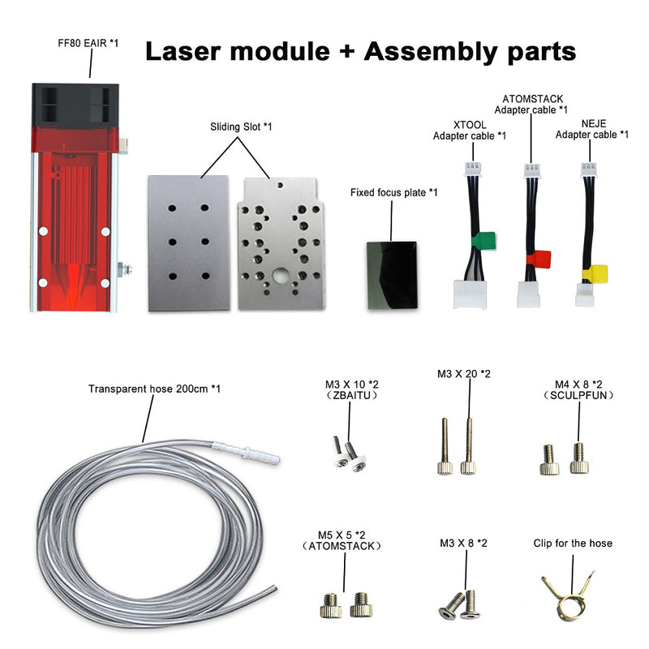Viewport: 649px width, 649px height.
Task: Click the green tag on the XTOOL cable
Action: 485,240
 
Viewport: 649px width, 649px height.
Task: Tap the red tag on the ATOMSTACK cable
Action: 540,259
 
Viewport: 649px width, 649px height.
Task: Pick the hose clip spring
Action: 571,602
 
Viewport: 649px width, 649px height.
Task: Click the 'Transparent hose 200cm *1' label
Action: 154,389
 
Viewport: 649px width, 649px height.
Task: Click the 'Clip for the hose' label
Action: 573,543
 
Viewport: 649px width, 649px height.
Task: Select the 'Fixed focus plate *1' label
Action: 394,193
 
